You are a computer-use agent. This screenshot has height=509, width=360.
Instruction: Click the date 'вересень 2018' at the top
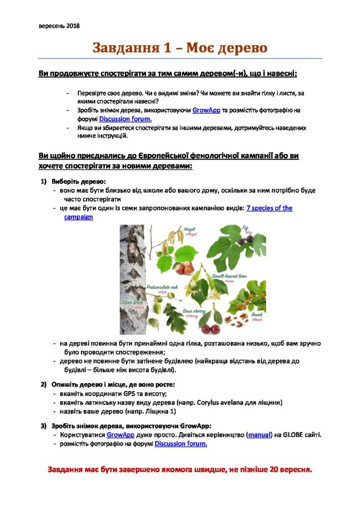(x=59, y=26)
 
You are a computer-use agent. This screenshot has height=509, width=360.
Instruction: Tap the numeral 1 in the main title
(x=168, y=48)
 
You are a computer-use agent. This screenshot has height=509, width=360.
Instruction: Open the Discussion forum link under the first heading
(x=125, y=119)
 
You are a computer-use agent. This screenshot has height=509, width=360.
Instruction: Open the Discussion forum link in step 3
(x=180, y=443)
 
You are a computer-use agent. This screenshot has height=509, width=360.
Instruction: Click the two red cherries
(x=209, y=329)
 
